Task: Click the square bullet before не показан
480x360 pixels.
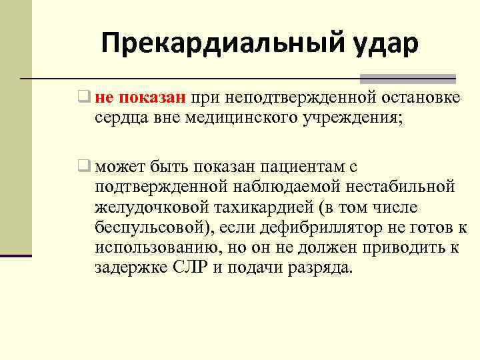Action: pyautogui.click(x=83, y=98)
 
